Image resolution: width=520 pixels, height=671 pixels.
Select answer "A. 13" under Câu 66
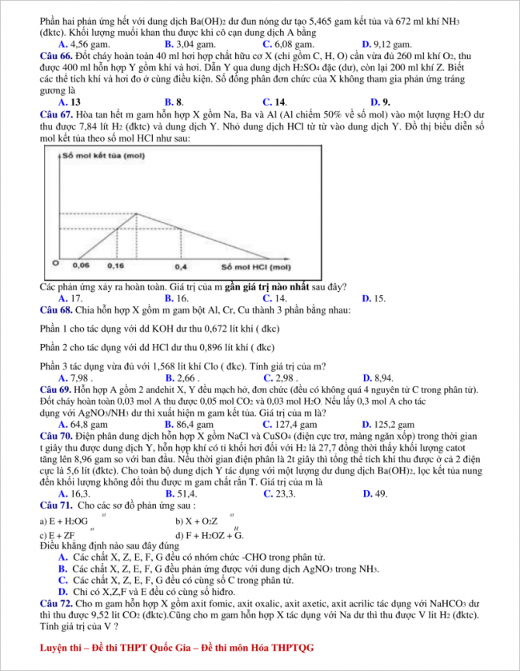69,102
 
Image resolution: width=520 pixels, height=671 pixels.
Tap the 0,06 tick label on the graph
81,265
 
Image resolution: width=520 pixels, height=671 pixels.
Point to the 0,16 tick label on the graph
115,265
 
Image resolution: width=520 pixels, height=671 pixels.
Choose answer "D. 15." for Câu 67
374,298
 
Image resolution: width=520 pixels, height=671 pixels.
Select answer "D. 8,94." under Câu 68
378,377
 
